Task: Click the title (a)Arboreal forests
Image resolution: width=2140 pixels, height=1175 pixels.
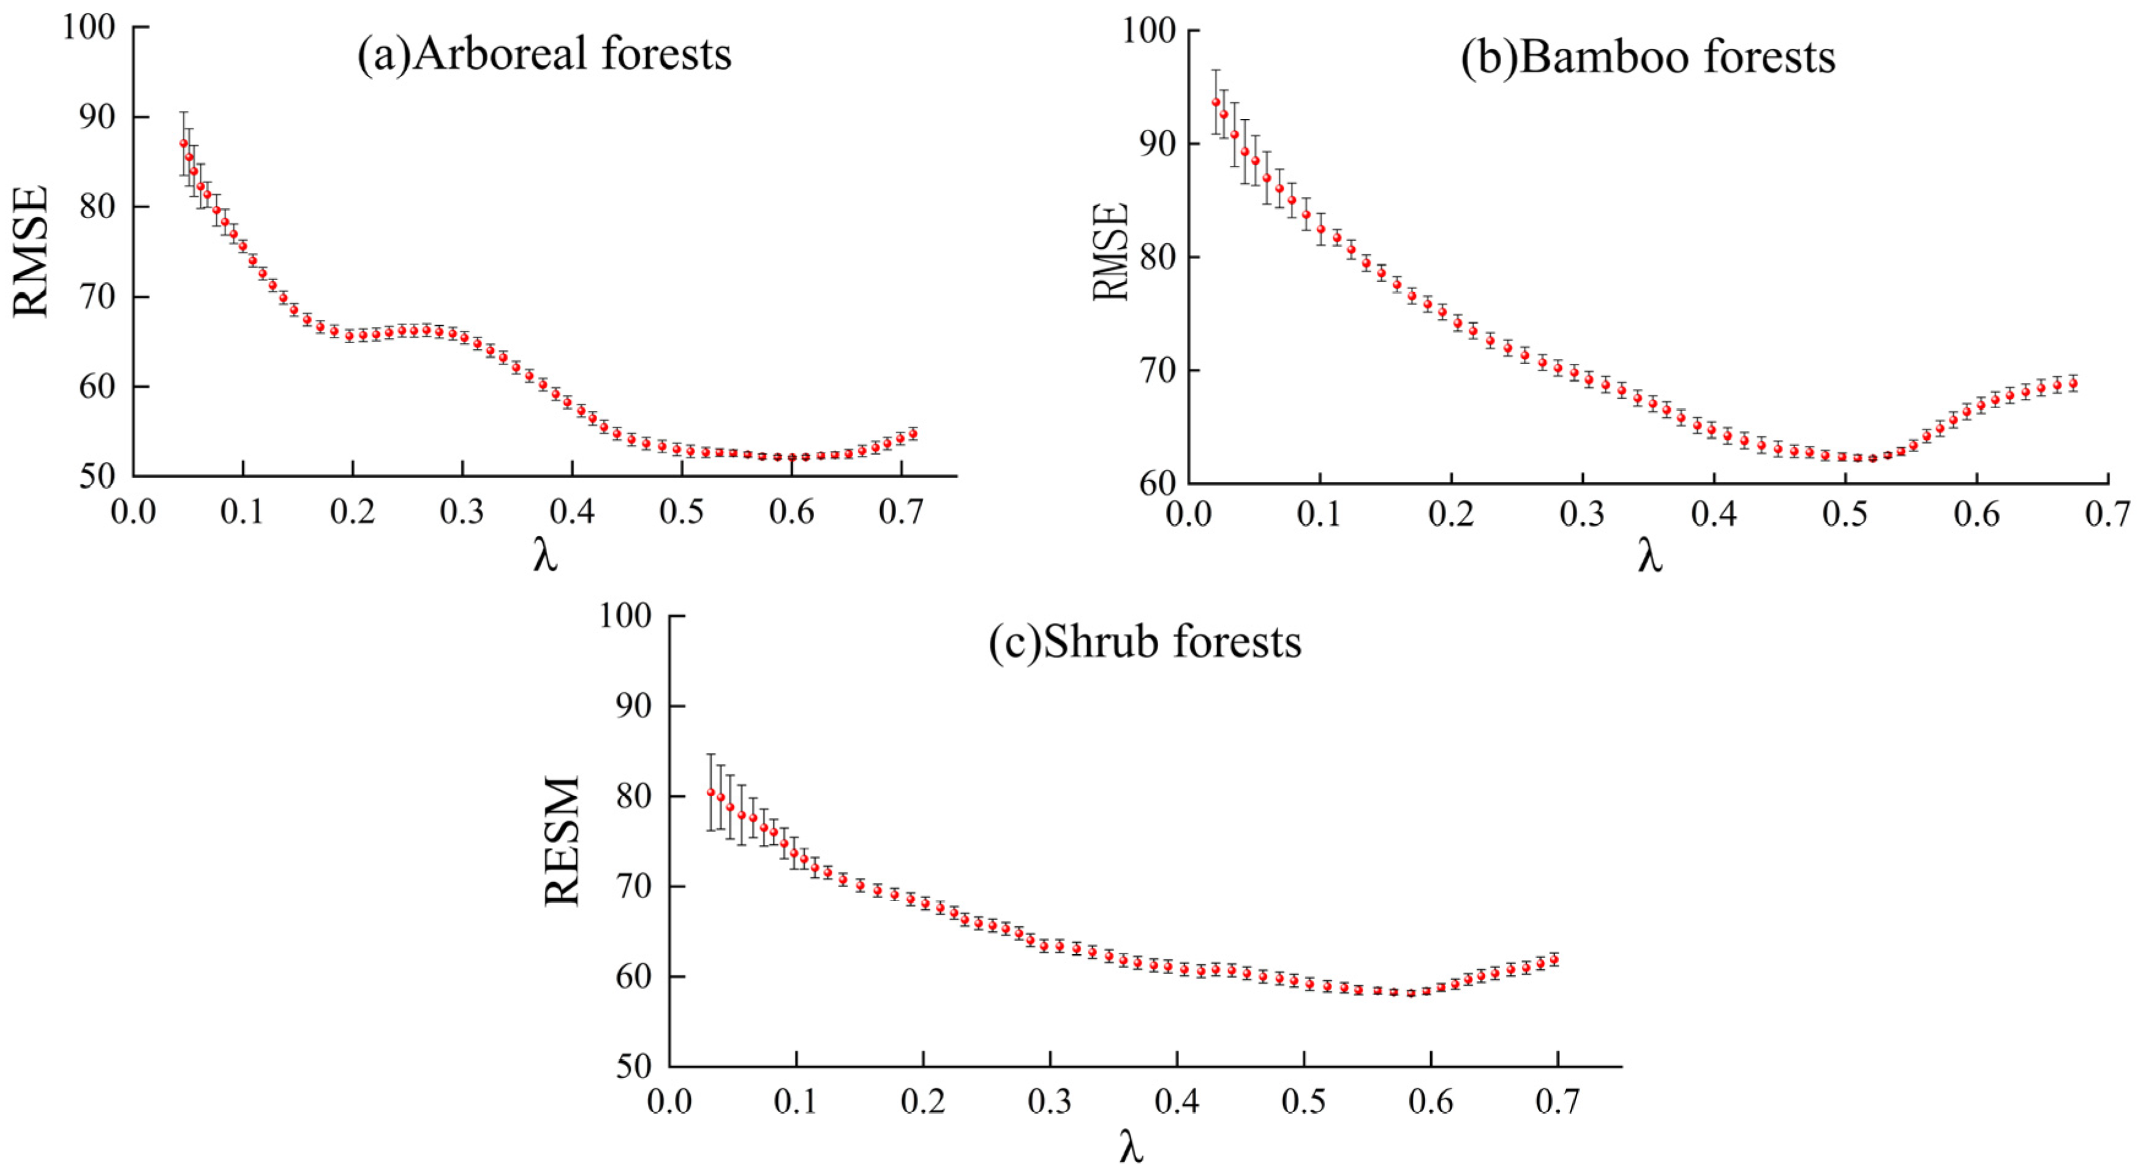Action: tap(544, 55)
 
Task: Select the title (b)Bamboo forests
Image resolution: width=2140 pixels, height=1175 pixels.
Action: tap(1648, 58)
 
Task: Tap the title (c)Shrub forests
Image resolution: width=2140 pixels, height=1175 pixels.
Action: tap(1145, 643)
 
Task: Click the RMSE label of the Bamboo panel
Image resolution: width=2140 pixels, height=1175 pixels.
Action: tap(1110, 251)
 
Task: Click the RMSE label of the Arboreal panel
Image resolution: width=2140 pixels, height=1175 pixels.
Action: tap(32, 251)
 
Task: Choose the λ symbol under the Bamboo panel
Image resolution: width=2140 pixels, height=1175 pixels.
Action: tap(1650, 557)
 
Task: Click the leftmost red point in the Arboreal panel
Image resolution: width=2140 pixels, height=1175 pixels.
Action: tap(184, 143)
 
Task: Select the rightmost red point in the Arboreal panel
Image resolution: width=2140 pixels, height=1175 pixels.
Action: tap(913, 434)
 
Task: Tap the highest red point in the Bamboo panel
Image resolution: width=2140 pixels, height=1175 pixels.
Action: tap(1215, 102)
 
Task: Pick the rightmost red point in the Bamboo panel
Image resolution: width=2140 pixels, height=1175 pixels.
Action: tap(2073, 384)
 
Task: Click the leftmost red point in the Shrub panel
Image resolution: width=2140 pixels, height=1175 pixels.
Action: tap(710, 793)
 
